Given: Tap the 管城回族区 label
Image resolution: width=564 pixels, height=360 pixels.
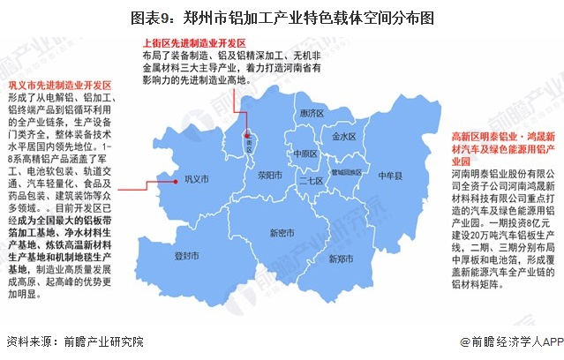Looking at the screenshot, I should (x=342, y=172).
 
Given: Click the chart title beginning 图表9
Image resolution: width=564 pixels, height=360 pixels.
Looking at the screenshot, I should (x=282, y=15).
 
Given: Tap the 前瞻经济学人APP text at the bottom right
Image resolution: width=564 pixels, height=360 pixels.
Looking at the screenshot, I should (x=510, y=342).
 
